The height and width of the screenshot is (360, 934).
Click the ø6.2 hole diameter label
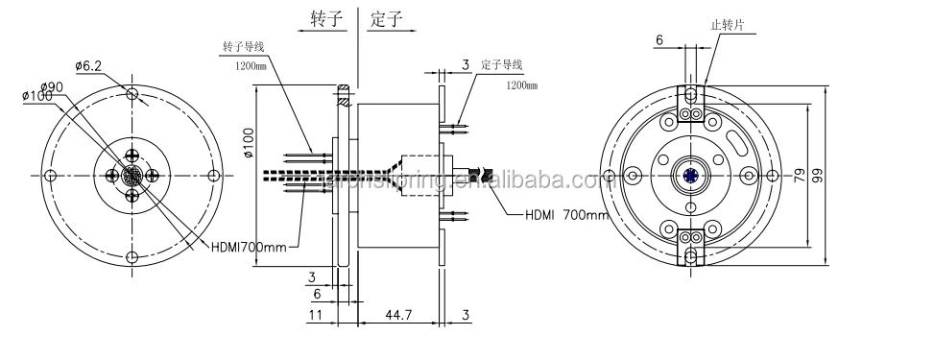[89, 65]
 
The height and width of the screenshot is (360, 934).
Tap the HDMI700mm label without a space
[248, 247]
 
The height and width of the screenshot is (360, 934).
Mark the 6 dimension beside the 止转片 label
[659, 39]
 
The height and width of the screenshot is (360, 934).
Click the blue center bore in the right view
[692, 174]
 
